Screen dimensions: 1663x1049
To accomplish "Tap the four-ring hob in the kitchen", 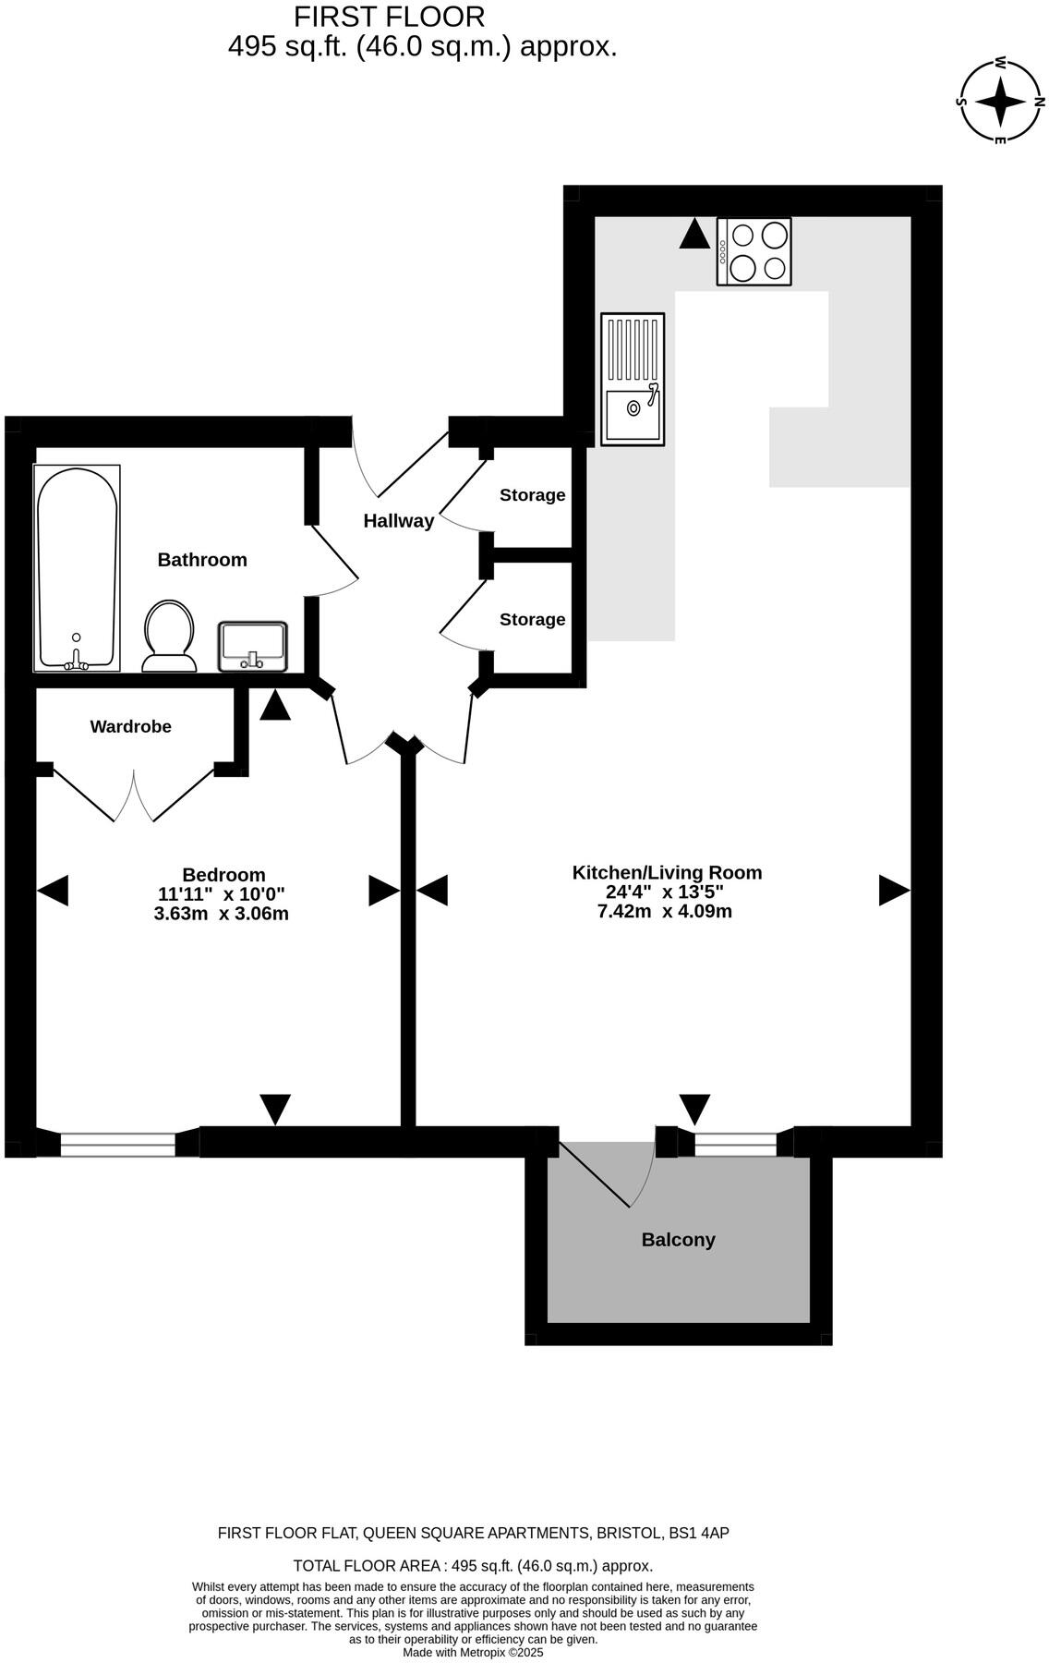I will (x=754, y=251).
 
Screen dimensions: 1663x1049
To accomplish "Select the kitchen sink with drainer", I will (x=633, y=379).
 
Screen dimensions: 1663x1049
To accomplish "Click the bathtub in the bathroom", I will (x=77, y=568).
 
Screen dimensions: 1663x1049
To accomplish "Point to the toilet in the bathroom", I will (x=169, y=637).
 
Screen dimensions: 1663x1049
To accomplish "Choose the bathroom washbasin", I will (x=252, y=646).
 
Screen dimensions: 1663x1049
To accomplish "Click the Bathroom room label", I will (x=202, y=560).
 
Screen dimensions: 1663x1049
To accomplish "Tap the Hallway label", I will (x=398, y=521).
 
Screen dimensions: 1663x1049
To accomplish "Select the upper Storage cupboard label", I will (x=532, y=495).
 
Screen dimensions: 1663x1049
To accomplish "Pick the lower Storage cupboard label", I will (x=532, y=620).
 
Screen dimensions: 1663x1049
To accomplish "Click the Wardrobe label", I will (x=130, y=727).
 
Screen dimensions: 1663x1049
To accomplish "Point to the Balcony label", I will (x=678, y=1240).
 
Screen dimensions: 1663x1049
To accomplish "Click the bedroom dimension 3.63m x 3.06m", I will (x=222, y=915).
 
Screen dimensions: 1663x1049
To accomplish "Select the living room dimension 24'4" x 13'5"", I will (x=664, y=892).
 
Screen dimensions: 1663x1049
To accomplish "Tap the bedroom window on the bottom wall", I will (x=117, y=1144).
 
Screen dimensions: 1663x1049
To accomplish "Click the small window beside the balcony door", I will (x=735, y=1144).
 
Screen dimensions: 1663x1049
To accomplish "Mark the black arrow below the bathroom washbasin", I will (x=274, y=707).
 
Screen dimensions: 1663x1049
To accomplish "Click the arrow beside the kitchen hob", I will (x=694, y=234).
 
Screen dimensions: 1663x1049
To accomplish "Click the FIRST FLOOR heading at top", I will (x=389, y=17).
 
